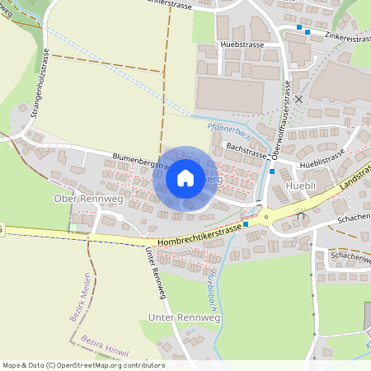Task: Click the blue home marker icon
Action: click(185, 178)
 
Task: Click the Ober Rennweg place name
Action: click(82, 199)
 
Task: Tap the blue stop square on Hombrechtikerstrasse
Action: click(246, 223)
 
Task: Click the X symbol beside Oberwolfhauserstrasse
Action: click(298, 98)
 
